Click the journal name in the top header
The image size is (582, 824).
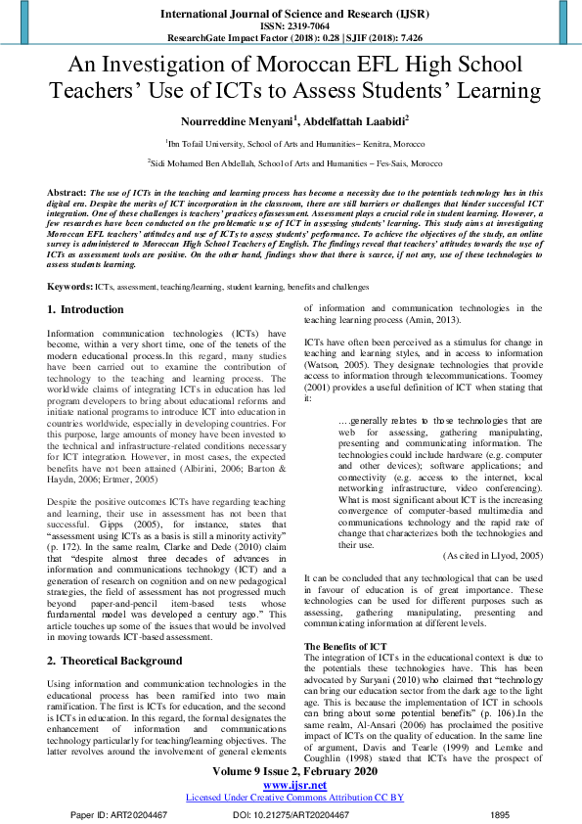tap(291, 14)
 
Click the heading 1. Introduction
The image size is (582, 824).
tap(85, 310)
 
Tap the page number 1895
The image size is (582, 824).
tap(499, 814)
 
